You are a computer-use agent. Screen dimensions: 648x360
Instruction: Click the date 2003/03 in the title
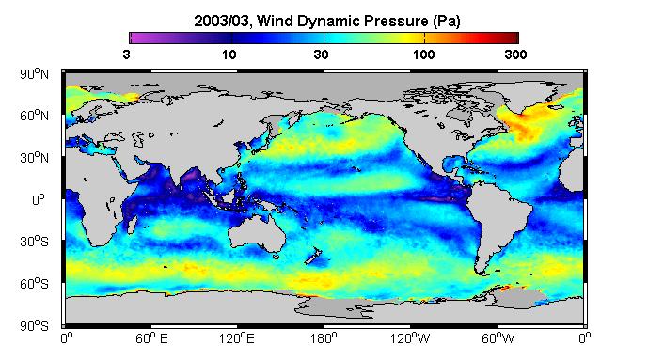coord(222,21)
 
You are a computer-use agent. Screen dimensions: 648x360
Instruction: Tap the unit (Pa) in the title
coord(447,21)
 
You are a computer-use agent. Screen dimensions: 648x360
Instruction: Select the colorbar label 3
coord(126,55)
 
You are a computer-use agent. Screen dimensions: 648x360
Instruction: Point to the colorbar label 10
coord(229,55)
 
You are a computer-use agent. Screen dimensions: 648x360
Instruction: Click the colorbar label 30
coord(321,55)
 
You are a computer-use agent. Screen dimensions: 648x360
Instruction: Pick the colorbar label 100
coord(423,55)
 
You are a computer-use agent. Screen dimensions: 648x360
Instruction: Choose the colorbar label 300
coord(515,55)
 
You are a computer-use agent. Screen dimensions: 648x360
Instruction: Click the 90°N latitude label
coord(34,74)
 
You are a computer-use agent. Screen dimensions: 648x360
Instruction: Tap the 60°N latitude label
coord(34,116)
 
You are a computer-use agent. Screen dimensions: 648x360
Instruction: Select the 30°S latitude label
coord(34,242)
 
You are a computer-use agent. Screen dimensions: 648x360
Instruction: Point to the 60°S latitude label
coord(34,284)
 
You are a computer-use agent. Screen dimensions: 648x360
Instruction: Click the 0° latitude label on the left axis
coord(38,200)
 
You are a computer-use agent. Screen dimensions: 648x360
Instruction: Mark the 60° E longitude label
coord(151,339)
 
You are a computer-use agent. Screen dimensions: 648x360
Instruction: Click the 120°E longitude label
coord(237,339)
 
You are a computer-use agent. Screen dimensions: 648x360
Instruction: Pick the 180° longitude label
coord(324,339)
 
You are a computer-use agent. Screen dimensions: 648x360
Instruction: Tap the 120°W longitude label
coord(410,339)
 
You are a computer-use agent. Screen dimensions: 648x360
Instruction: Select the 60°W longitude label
coord(498,339)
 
